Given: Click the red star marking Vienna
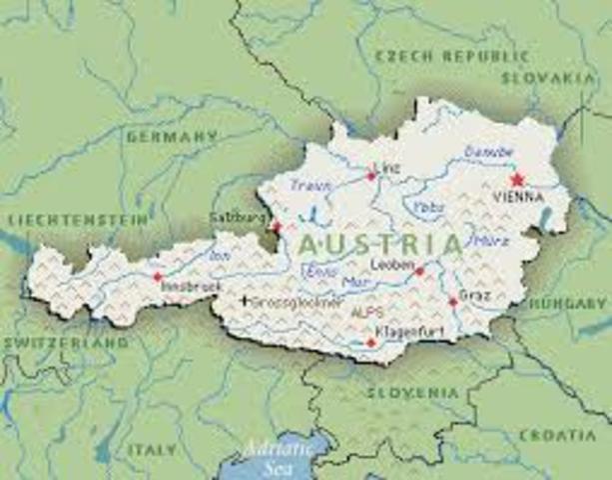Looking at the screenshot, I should pos(516,180).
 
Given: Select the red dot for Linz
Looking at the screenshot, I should pos(371,176).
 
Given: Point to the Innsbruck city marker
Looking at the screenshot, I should pos(157,276).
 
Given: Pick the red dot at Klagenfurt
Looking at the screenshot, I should pos(370,342).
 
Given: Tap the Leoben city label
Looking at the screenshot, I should pos(390,264).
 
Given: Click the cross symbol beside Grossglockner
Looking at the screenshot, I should pos(246,299).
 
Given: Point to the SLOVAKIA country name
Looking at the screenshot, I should pos(548,77).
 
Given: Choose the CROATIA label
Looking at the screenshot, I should pos(558,435).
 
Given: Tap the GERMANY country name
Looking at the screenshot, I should pos(171,135).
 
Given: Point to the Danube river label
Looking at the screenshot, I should pos(488,152).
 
